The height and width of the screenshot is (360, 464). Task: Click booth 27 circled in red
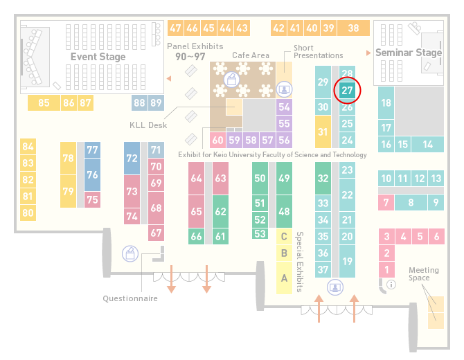(x=347, y=91)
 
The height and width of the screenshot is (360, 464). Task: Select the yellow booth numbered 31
(x=323, y=132)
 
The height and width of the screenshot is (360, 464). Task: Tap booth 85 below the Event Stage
(x=44, y=103)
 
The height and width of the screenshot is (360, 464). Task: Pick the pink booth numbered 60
(x=217, y=140)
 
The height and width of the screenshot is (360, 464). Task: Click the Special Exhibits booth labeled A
(x=284, y=278)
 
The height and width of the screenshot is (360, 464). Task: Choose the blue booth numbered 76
(x=92, y=174)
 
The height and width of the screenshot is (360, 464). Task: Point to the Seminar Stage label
(x=409, y=53)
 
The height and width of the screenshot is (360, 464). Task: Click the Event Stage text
(x=98, y=57)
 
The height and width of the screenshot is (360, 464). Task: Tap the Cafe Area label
(x=251, y=55)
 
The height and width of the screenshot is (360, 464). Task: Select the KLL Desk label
(x=148, y=125)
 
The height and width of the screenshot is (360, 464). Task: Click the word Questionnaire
(x=130, y=298)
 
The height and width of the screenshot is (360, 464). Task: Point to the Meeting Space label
(x=423, y=274)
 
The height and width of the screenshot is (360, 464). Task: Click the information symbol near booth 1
(x=391, y=285)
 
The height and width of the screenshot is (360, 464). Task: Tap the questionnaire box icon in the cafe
(x=231, y=80)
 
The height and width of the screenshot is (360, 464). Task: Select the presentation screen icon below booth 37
(x=335, y=287)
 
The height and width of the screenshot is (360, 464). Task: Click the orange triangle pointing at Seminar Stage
(x=368, y=53)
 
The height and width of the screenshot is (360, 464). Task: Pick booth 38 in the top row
(x=354, y=28)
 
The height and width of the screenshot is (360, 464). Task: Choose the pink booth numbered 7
(x=386, y=203)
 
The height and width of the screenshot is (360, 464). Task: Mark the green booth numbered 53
(x=260, y=234)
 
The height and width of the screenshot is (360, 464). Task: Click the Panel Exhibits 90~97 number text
(x=190, y=57)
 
